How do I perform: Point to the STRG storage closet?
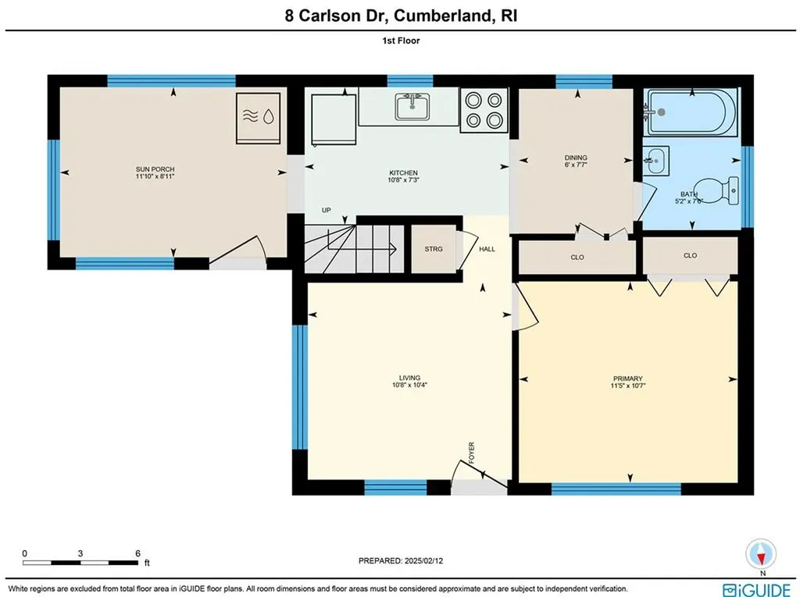coord(434,249)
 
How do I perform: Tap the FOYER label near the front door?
coord(471,452)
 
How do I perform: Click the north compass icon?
coord(759,554)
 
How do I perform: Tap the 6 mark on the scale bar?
coord(137,553)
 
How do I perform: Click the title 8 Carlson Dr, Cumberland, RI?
coord(399,16)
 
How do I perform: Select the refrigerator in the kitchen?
coord(334,117)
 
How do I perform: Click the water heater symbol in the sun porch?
coord(258,117)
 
